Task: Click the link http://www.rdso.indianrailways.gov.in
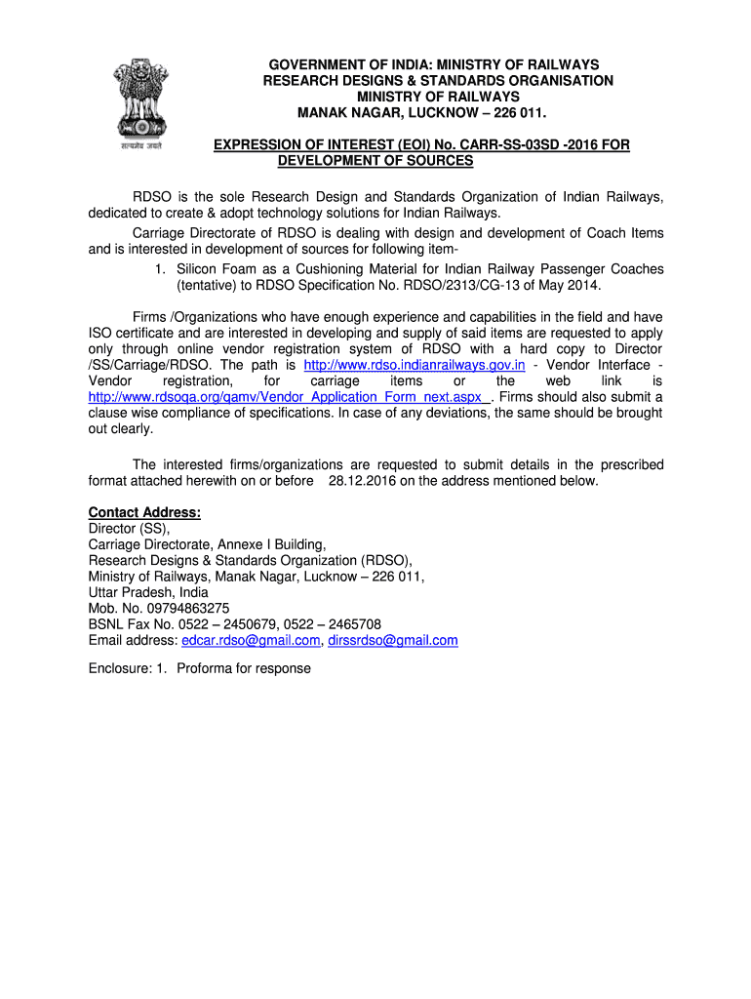tap(415, 365)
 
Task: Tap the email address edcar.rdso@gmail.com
tap(251, 641)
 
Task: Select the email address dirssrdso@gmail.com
tap(393, 641)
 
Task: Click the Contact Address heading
tap(144, 513)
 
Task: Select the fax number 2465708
tap(355, 624)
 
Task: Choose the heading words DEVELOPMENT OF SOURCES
tap(375, 160)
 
